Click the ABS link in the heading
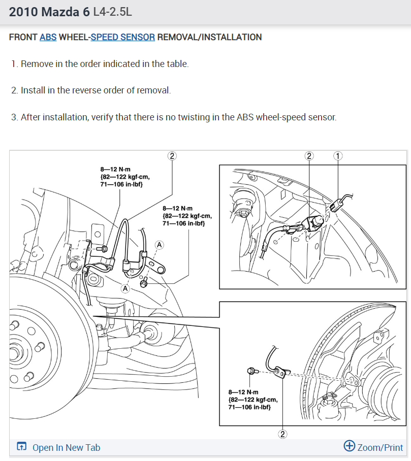click(48, 37)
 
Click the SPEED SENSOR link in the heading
click(122, 37)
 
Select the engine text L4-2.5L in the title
click(112, 12)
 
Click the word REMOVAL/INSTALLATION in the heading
click(209, 37)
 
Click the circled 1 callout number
click(338, 156)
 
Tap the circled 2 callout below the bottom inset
click(283, 434)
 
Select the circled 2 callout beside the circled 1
click(309, 156)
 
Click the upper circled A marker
click(159, 245)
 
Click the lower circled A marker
click(125, 288)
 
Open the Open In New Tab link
click(66, 447)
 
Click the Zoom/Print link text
click(380, 447)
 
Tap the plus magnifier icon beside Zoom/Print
click(349, 446)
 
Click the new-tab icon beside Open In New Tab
click(21, 446)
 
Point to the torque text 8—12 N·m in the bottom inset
click(243, 392)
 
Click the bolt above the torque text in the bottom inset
click(252, 371)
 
